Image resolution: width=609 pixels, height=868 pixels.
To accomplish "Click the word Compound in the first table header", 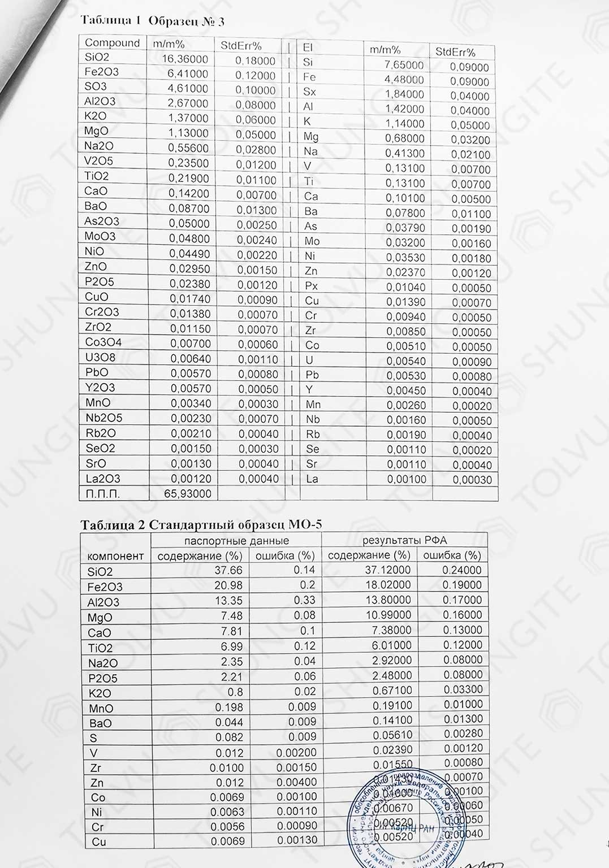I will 112,43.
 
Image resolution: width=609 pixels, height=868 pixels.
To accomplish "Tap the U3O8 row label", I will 100,357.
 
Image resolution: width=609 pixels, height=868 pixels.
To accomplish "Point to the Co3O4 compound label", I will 103,342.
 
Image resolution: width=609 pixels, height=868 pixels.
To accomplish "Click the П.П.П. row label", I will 103,494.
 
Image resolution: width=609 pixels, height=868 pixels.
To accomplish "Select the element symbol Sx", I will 310,92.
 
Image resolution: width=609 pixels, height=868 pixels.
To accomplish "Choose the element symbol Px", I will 312,287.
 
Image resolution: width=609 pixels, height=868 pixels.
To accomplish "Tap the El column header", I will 308,47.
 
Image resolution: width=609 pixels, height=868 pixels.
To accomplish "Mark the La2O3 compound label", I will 102,479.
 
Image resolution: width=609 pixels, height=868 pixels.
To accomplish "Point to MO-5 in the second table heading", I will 305,524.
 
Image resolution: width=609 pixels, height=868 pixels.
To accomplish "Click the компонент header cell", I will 116,556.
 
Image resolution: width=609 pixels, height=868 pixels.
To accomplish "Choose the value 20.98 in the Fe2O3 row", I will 228,585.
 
